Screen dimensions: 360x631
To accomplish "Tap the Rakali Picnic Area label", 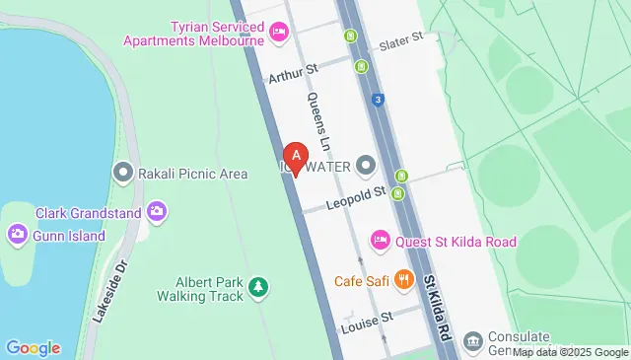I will coord(194,174).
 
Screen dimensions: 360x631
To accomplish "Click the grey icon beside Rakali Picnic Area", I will coord(123,173).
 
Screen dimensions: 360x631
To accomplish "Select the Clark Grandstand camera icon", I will coord(156,211).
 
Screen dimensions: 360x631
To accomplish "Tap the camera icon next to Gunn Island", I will coord(16,233).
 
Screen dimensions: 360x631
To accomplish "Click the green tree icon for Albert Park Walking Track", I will coord(258,287).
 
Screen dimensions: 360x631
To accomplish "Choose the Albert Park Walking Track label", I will coord(200,287).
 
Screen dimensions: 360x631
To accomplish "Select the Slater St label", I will coord(401,40).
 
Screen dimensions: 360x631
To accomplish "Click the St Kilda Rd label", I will coord(438,309).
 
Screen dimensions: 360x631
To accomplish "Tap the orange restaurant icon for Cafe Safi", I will coord(402,280).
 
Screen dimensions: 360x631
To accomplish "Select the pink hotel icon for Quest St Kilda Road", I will coord(380,239).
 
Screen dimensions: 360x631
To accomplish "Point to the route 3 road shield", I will coord(378,99).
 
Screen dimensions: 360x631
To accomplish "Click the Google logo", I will coord(33,347).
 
